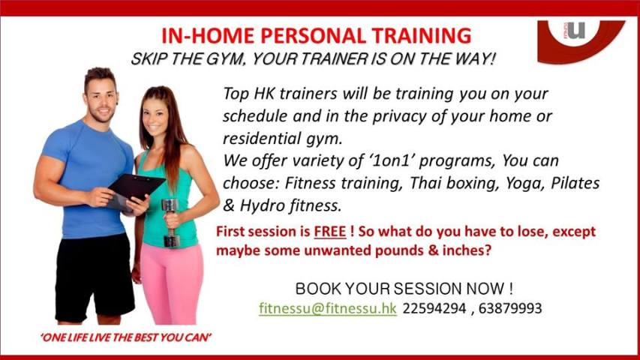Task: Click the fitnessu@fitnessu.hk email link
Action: (327, 308)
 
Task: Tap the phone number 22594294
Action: (434, 308)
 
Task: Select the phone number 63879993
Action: (510, 308)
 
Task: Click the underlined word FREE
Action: (330, 232)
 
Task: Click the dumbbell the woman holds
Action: (170, 223)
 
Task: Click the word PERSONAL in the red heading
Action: (314, 36)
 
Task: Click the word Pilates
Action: (575, 182)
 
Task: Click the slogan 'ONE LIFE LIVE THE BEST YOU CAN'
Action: (126, 337)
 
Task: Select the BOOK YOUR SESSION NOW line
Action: (404, 289)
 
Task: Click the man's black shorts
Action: (95, 276)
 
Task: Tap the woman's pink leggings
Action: (172, 283)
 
